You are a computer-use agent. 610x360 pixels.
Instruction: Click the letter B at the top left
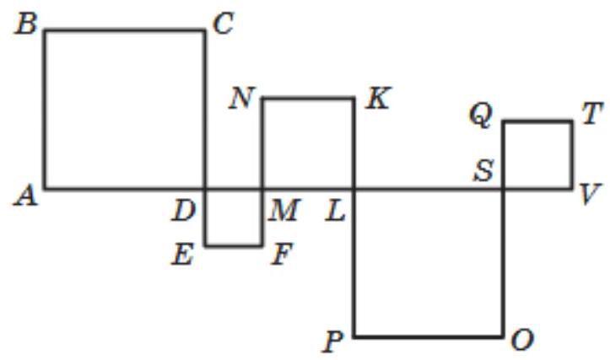pos(26,24)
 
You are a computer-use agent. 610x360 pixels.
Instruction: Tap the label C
pos(224,24)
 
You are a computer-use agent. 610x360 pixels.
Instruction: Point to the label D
pos(184,212)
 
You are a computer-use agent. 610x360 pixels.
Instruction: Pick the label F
pos(281,255)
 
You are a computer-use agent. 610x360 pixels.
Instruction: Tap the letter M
pos(285,212)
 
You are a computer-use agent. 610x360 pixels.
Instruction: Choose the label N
pos(242,99)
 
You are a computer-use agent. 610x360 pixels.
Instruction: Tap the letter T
pos(593,115)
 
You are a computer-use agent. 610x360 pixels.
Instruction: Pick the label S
pos(483,171)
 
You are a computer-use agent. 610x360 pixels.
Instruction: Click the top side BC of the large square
pos(125,30)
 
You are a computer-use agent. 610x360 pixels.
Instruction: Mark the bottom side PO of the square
pos(429,336)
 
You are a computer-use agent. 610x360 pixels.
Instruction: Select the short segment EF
pos(233,246)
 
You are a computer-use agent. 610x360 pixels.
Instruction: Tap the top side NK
pos(308,98)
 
